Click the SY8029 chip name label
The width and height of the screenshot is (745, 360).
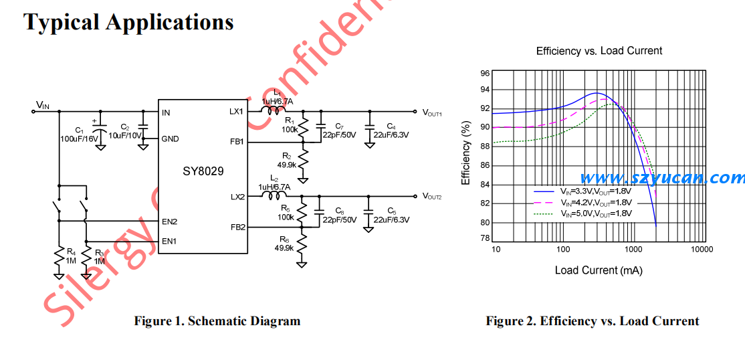point(203,171)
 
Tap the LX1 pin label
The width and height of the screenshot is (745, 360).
point(237,112)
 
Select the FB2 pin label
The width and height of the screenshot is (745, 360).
point(237,227)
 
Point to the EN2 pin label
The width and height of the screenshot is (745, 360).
point(169,221)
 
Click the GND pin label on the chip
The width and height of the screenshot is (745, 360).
point(171,139)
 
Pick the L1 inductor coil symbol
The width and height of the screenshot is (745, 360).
point(273,111)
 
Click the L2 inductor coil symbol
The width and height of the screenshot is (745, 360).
point(273,196)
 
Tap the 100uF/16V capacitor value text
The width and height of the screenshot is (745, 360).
point(80,139)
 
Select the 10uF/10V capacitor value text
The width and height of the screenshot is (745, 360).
point(125,135)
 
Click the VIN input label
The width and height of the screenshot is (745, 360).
point(43,105)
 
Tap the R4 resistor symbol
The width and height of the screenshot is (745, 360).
point(59,258)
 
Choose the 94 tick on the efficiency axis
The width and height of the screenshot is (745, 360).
point(485,90)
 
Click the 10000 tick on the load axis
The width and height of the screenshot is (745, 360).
point(701,250)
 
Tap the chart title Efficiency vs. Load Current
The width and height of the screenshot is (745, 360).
point(599,51)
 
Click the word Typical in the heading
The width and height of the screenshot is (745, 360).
point(62,22)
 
